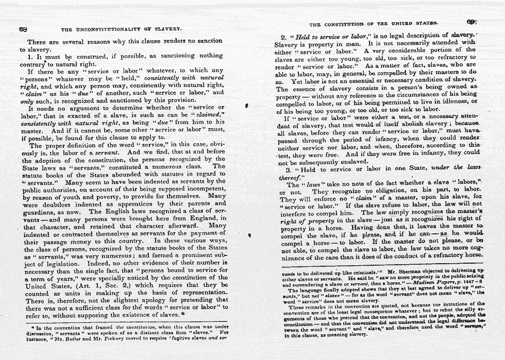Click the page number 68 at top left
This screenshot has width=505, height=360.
(x=23, y=29)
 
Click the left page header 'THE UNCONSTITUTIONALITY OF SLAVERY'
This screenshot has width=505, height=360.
(x=121, y=29)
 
